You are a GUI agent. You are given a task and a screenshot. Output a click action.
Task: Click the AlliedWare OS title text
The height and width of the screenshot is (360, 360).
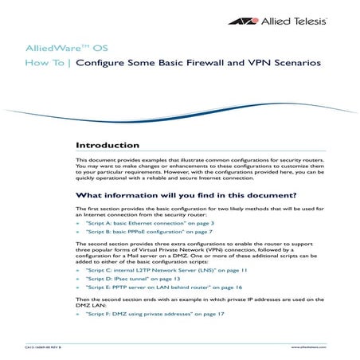(x=55, y=48)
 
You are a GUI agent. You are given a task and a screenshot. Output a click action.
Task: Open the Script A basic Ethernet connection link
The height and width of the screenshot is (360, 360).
(x=139, y=225)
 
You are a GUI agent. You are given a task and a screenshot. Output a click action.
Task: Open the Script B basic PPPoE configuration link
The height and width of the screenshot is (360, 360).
(x=139, y=236)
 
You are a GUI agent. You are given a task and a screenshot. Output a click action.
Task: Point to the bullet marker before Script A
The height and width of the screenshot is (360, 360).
(x=77, y=225)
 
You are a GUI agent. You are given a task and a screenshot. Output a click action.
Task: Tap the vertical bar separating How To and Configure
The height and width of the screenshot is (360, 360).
(x=69, y=62)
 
